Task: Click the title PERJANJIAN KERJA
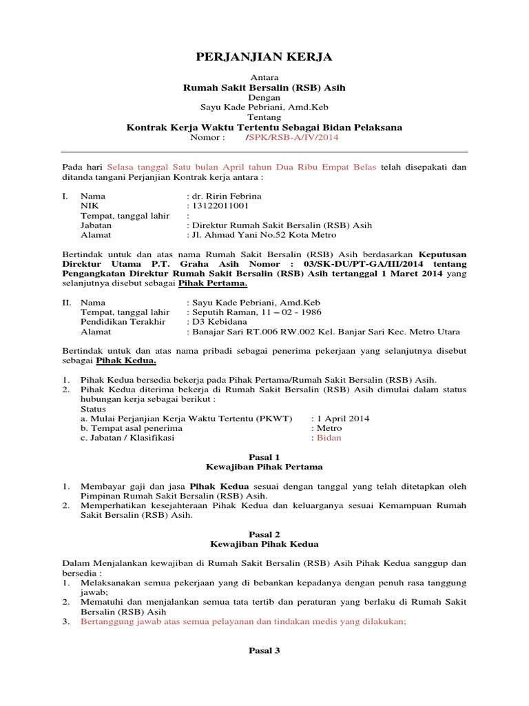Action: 264,57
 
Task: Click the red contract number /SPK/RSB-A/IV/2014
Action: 291,137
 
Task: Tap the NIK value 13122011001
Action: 218,205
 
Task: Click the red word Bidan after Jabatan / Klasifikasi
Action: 329,437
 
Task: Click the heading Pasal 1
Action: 264,456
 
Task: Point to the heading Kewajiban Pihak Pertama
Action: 264,467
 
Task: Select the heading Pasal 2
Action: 264,534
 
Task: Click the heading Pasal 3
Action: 264,649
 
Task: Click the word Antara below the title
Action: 264,78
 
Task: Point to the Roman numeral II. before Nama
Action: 67,302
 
